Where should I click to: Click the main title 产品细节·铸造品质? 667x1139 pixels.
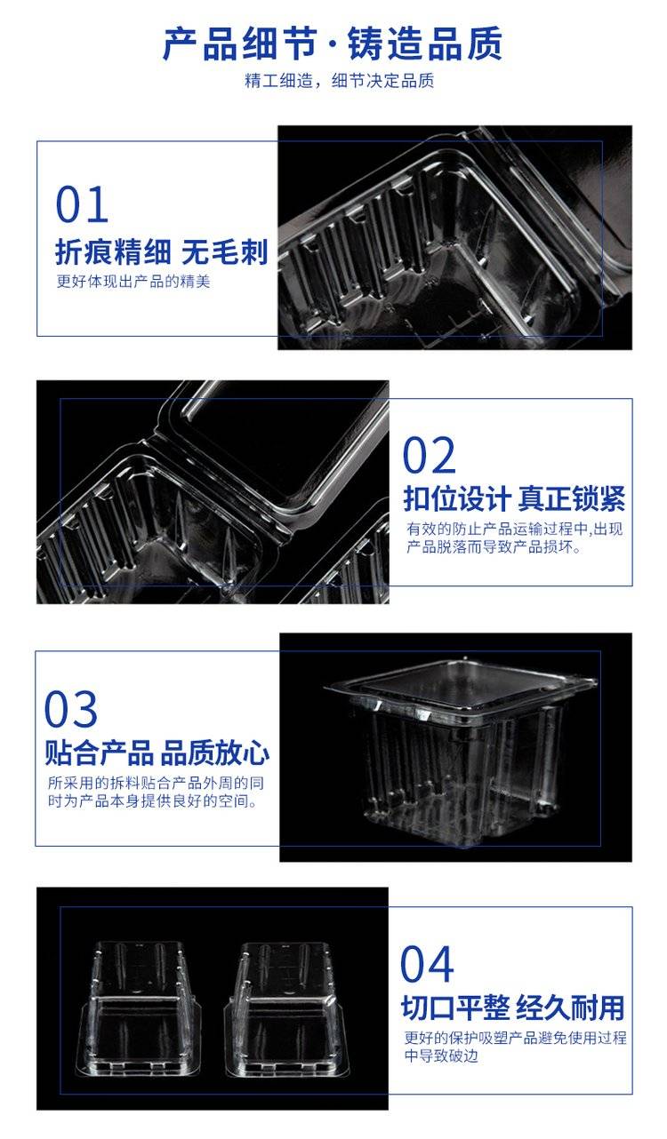333,44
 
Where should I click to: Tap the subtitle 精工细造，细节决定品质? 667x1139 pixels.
339,81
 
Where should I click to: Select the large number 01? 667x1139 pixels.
82,204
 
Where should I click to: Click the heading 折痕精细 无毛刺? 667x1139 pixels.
161,252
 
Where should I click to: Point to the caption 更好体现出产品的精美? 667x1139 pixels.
133,281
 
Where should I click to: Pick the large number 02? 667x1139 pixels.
429,455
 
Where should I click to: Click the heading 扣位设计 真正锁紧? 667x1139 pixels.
514,498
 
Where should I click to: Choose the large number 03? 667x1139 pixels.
71,709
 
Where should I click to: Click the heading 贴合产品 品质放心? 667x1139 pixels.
157,753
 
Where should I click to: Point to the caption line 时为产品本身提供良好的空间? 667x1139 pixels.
152,801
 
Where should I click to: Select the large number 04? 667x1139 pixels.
427,964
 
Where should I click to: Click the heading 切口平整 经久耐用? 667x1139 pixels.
513,1008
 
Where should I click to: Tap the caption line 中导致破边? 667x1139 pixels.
441,1056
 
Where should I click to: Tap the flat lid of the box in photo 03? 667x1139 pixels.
461,684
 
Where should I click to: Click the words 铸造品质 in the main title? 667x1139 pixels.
425,44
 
